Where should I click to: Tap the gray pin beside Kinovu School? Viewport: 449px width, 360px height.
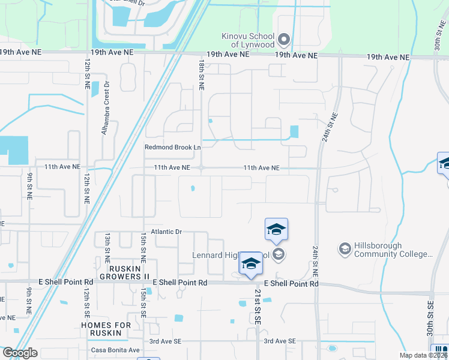pos(285,40)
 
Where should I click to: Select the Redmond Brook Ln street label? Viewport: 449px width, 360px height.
pos(172,147)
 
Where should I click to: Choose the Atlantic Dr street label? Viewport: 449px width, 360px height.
pos(166,231)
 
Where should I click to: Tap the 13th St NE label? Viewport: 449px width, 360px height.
pos(107,247)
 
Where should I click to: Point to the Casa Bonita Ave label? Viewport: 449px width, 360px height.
pos(115,350)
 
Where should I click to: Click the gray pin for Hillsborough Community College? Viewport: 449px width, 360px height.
pos(345,248)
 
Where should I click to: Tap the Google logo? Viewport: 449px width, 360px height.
pos(20,353)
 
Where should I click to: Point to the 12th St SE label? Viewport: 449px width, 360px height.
pos(87,302)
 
